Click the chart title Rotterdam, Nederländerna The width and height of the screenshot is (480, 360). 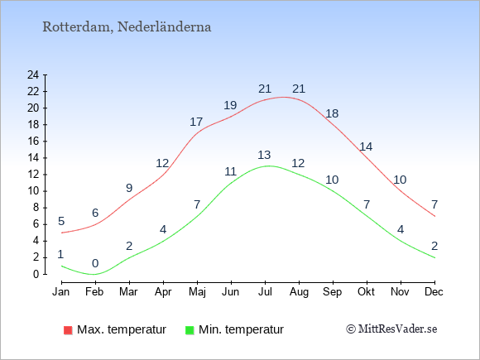(x=127, y=27)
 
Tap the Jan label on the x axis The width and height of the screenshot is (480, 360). (x=61, y=292)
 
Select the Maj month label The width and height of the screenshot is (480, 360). (x=197, y=292)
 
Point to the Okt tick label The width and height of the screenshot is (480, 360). (x=367, y=292)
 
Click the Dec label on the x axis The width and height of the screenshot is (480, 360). (x=434, y=292)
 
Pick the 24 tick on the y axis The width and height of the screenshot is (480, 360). (x=33, y=74)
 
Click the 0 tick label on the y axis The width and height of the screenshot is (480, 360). (x=36, y=274)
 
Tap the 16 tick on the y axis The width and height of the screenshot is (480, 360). (x=33, y=142)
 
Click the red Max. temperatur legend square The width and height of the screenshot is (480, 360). (x=68, y=330)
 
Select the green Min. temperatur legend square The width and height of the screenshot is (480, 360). (x=190, y=330)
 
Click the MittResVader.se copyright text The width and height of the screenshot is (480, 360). (x=391, y=329)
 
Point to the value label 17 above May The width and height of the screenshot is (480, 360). (x=196, y=122)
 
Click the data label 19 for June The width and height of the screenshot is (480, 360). (x=230, y=105)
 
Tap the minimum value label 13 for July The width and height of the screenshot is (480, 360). (x=264, y=155)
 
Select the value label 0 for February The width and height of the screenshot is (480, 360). (x=95, y=263)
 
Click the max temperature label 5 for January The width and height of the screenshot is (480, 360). (x=61, y=221)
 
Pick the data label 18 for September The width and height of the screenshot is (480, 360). (x=332, y=113)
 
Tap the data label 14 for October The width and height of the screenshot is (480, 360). (x=366, y=147)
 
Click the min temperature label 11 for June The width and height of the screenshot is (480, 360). (x=231, y=171)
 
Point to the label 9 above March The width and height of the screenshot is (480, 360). (x=129, y=188)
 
